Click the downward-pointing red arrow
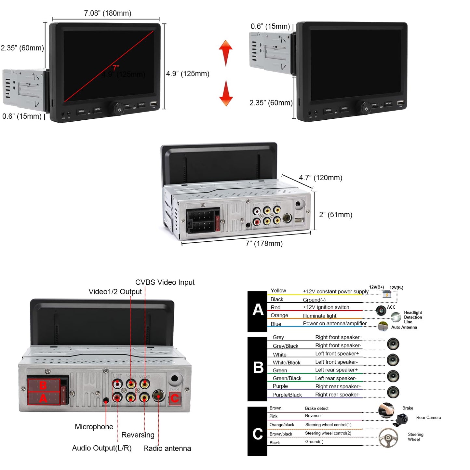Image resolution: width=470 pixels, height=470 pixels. [x=226, y=93]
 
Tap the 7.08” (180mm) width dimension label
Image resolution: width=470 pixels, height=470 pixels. [x=108, y=13]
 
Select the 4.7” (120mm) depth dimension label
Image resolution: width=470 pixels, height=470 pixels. [x=320, y=178]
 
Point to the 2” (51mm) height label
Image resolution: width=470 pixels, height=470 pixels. [x=336, y=215]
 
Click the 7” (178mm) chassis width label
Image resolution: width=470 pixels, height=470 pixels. [x=264, y=243]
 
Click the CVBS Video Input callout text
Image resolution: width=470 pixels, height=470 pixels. [x=165, y=282]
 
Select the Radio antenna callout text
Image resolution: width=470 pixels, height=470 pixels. [x=167, y=448]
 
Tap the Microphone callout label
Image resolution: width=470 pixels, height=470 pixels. [x=94, y=427]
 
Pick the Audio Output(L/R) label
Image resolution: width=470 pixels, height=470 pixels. [x=102, y=448]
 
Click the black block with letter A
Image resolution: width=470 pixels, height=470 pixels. [x=257, y=311]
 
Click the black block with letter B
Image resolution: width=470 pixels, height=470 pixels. [x=257, y=369]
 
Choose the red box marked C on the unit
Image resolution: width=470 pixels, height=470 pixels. [x=175, y=398]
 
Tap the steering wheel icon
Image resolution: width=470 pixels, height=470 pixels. [x=388, y=437]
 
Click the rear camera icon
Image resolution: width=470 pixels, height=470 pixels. [x=401, y=419]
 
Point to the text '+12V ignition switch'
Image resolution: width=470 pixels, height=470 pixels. [x=326, y=307]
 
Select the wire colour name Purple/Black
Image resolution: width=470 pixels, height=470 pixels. [x=287, y=395]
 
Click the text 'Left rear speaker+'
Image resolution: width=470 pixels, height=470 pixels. [x=336, y=370]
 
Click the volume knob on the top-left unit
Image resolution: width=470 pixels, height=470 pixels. [x=119, y=109]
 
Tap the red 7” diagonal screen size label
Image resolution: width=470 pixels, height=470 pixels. [x=116, y=68]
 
